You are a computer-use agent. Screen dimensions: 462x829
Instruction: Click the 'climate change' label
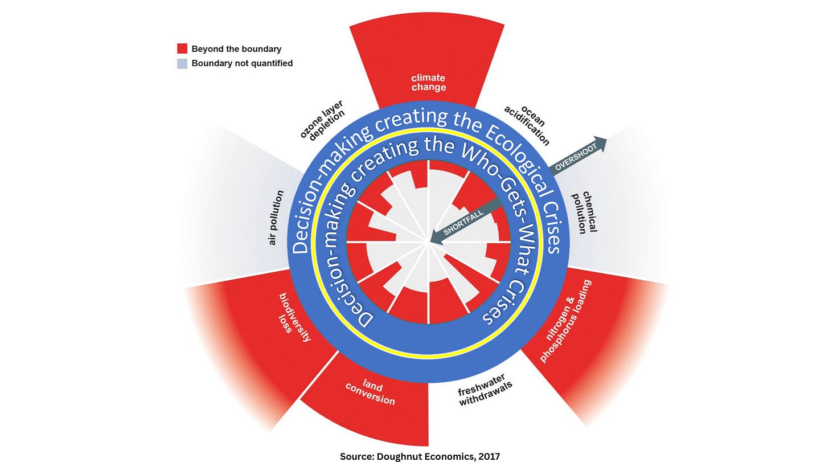click(428, 83)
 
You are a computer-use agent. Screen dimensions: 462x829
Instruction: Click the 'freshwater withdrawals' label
click(486, 393)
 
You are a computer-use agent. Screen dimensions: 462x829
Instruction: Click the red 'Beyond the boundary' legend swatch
click(182, 48)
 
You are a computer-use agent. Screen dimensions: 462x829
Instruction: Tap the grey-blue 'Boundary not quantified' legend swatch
click(182, 63)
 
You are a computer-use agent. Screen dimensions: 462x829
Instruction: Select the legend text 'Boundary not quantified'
click(242, 63)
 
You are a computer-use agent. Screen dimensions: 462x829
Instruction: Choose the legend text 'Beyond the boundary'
click(236, 49)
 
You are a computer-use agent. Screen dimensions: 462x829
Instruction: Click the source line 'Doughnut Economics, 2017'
click(420, 456)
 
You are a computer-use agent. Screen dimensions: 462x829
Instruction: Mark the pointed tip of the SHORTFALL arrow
click(431, 242)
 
